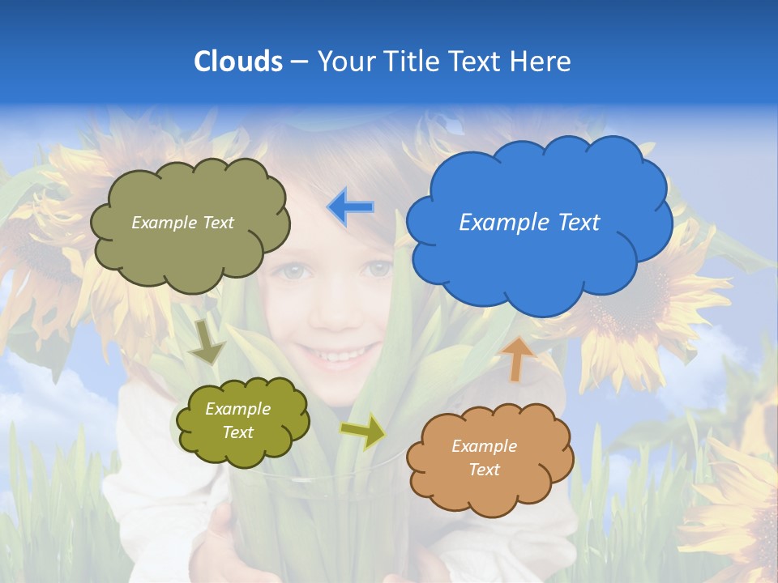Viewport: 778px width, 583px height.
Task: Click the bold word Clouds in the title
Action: [237, 62]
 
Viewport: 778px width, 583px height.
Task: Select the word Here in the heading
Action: [542, 62]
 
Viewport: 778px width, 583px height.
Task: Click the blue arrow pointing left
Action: [351, 207]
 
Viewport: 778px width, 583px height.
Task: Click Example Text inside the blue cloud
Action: [529, 223]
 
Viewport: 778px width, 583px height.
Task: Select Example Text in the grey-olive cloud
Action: [182, 223]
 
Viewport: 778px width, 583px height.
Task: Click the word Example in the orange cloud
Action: [484, 446]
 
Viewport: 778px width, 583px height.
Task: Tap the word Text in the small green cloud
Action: [237, 432]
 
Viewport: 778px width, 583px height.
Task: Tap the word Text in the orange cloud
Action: [484, 470]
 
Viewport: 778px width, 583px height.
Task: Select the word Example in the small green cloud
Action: [237, 409]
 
